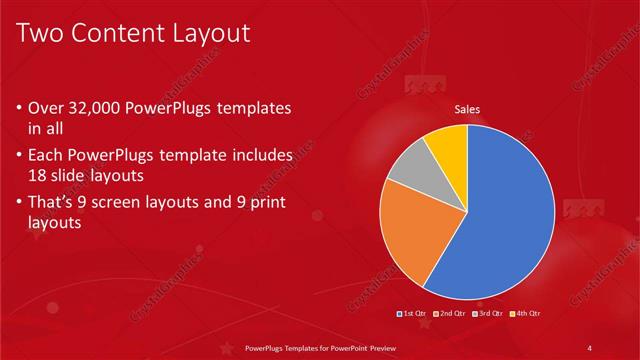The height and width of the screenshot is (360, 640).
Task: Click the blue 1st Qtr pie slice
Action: point(505,215)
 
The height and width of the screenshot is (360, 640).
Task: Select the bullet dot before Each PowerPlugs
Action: point(21,156)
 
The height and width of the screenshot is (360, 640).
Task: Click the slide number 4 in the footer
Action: point(590,347)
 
